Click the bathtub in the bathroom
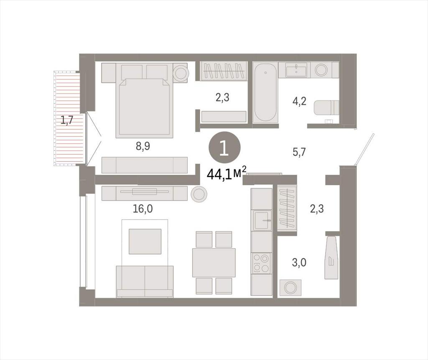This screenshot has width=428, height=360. [265, 92]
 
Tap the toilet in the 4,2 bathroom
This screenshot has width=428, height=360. [326, 107]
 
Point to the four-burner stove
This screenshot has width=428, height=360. [262, 263]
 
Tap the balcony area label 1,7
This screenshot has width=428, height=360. [67, 120]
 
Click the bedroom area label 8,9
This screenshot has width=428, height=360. [143, 146]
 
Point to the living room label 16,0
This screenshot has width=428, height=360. [143, 209]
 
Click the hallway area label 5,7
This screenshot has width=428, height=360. [299, 152]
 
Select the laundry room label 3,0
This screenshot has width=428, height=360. [299, 263]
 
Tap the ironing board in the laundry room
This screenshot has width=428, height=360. [331, 258]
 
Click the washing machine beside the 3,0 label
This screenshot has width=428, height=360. [290, 288]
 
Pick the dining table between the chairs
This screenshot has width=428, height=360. [214, 263]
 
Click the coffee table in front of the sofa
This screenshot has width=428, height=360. [145, 241]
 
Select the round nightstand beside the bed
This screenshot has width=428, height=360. [180, 72]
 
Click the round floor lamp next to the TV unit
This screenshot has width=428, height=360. [199, 194]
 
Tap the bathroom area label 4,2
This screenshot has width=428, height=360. [299, 101]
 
